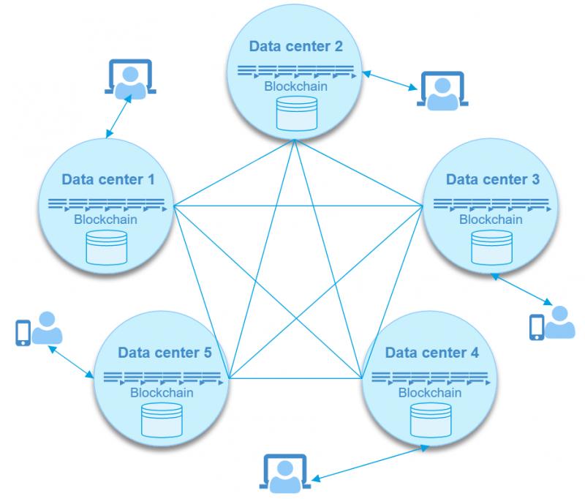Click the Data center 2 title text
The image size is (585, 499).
(296, 46)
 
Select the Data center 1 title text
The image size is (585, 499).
(108, 179)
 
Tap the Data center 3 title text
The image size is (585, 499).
(493, 179)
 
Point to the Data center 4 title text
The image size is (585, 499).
(432, 353)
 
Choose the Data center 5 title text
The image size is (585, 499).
(165, 353)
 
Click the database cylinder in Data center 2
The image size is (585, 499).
(297, 113)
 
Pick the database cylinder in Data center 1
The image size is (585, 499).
(107, 247)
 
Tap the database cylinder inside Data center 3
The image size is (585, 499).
(491, 247)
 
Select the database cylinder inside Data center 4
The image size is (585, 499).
(431, 420)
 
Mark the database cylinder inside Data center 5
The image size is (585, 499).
(162, 420)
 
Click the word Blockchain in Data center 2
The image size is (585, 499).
(296, 86)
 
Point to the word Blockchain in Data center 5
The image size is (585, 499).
(162, 393)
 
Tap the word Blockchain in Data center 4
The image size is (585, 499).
(430, 393)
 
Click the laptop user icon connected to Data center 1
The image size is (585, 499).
(130, 79)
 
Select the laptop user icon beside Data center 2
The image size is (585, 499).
(442, 91)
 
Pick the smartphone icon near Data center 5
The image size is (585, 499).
(23, 333)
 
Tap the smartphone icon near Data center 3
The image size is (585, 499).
(537, 327)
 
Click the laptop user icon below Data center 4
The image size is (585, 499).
(285, 473)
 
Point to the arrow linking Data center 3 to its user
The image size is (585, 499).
(521, 290)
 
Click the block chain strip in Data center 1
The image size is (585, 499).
(107, 205)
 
